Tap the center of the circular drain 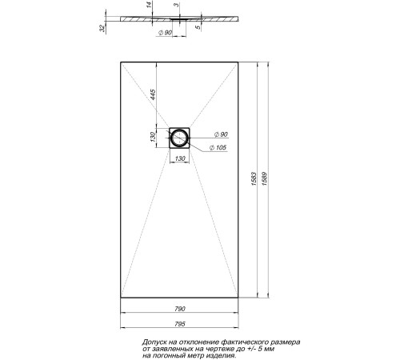(180, 139)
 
